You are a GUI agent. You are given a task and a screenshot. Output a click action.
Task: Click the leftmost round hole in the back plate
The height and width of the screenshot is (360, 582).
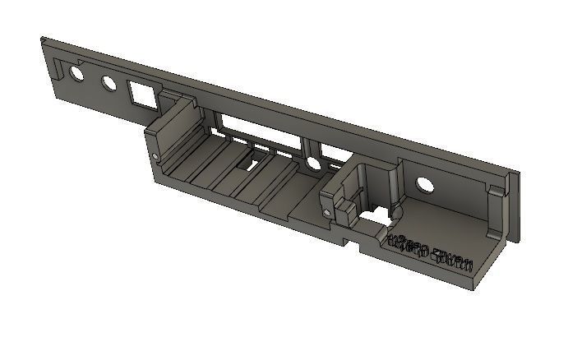[x=76, y=74]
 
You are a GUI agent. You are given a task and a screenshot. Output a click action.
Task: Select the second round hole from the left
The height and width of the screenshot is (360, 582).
[x=109, y=84]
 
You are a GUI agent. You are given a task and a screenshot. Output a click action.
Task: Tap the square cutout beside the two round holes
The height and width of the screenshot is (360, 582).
[x=142, y=95]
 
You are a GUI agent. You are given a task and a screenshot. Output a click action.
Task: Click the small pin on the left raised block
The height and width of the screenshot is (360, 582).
[x=155, y=155]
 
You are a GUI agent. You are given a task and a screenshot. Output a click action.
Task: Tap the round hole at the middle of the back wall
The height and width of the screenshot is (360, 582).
[x=312, y=164]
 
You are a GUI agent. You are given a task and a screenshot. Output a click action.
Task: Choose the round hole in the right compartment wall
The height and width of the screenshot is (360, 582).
[x=424, y=184]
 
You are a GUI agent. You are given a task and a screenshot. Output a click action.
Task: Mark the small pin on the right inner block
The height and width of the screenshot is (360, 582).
[x=328, y=214]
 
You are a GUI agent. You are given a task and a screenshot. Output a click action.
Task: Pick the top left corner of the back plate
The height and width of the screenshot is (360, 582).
[x=43, y=38]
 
